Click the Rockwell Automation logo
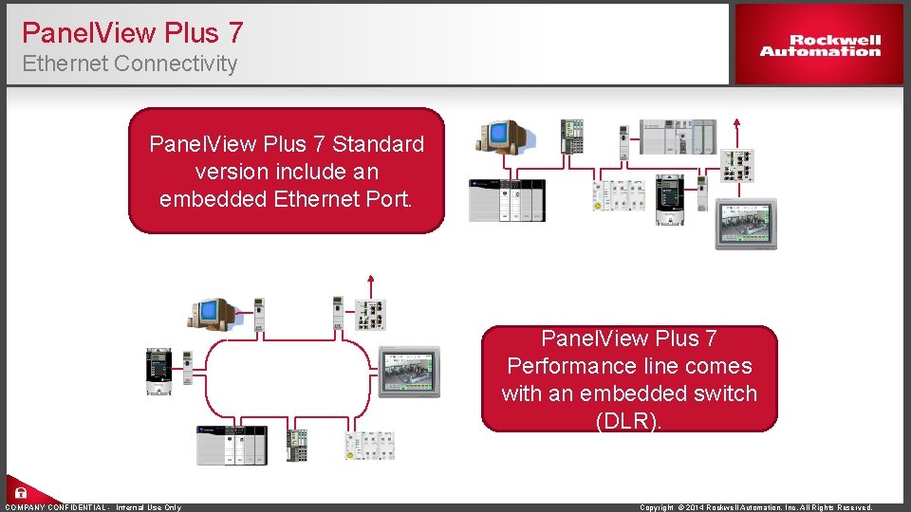[820, 46]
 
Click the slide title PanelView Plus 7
[132, 33]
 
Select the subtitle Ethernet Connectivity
[129, 64]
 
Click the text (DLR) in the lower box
[628, 420]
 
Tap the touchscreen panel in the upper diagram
[746, 224]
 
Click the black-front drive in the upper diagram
[670, 198]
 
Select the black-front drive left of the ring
[157, 370]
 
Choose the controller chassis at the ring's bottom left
[232, 445]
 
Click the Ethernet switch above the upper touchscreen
[736, 165]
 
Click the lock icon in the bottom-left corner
[20, 493]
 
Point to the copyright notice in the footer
[756, 507]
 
